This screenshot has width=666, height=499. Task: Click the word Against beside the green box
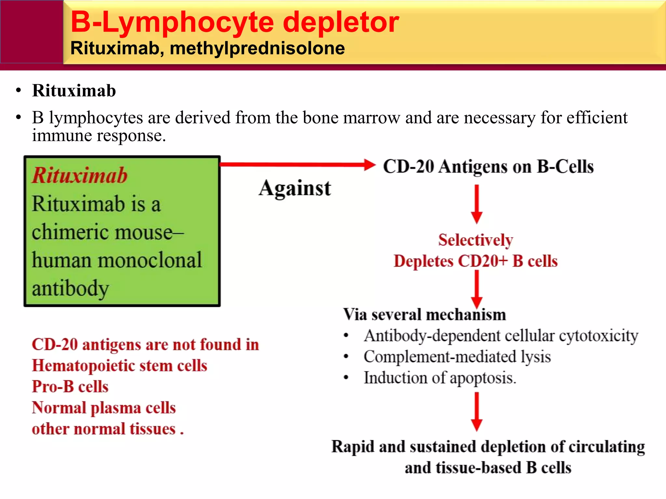point(295,188)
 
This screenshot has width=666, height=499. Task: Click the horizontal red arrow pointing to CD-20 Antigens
point(298,164)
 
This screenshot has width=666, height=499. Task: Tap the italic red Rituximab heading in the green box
point(80,175)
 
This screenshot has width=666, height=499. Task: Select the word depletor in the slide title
point(341,22)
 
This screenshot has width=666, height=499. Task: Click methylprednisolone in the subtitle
point(257,48)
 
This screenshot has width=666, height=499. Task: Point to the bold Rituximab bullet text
point(74,91)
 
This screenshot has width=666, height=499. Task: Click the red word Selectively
point(475,240)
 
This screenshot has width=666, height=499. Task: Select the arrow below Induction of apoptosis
point(477,411)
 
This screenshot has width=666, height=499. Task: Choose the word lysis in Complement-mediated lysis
point(536,357)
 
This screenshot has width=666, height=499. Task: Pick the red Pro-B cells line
point(70,387)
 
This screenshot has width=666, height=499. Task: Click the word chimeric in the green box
point(65,232)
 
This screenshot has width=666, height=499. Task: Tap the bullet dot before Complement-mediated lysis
point(346,357)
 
